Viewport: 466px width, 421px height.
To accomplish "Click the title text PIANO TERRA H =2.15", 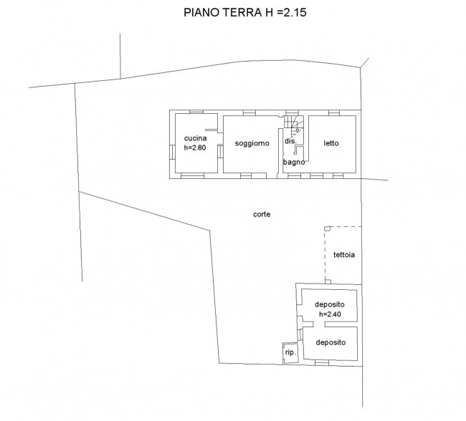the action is (x=245, y=12).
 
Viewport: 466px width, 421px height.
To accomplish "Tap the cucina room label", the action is (x=195, y=138).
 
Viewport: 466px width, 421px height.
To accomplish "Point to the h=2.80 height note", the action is (x=195, y=147).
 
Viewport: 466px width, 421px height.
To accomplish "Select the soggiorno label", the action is (x=252, y=143).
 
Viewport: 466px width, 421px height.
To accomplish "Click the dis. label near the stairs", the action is (x=290, y=141).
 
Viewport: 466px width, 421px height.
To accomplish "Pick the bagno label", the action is (x=294, y=162).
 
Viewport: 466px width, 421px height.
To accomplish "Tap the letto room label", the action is (x=331, y=143).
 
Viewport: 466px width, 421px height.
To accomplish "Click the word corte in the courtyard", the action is (x=262, y=214).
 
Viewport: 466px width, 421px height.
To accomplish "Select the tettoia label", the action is (x=344, y=255).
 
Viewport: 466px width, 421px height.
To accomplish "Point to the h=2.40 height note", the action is (x=330, y=314).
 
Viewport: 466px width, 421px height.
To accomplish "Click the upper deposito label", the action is (x=330, y=304).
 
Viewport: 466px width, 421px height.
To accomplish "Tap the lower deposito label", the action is (x=331, y=342).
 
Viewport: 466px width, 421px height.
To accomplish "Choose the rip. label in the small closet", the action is (x=290, y=352).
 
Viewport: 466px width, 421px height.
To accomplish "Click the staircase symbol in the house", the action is (x=294, y=122).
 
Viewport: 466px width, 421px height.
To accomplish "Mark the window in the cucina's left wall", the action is (x=172, y=152).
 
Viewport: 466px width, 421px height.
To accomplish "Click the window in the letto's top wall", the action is (x=334, y=113).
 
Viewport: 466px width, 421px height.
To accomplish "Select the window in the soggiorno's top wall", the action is (x=249, y=113).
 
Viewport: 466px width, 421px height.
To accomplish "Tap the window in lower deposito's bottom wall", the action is (x=322, y=362).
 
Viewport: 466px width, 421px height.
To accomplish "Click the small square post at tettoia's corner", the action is (x=327, y=228).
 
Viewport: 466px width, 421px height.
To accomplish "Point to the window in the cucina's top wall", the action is (x=196, y=112).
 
